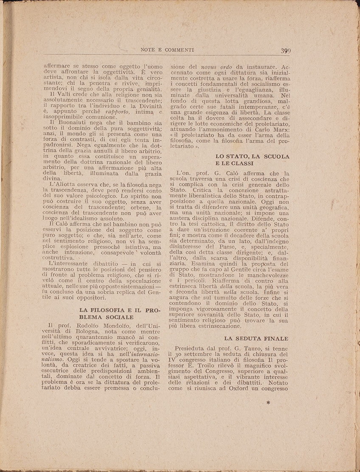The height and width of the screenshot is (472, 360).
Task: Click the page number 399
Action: click(x=285, y=51)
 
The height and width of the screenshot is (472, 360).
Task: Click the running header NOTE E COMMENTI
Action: click(x=167, y=50)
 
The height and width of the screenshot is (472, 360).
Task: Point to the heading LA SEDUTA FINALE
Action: click(x=256, y=338)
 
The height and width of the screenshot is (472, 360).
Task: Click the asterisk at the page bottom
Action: click(x=268, y=402)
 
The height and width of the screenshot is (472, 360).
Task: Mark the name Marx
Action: click(x=280, y=129)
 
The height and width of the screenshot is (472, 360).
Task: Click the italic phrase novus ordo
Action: click(x=215, y=67)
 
